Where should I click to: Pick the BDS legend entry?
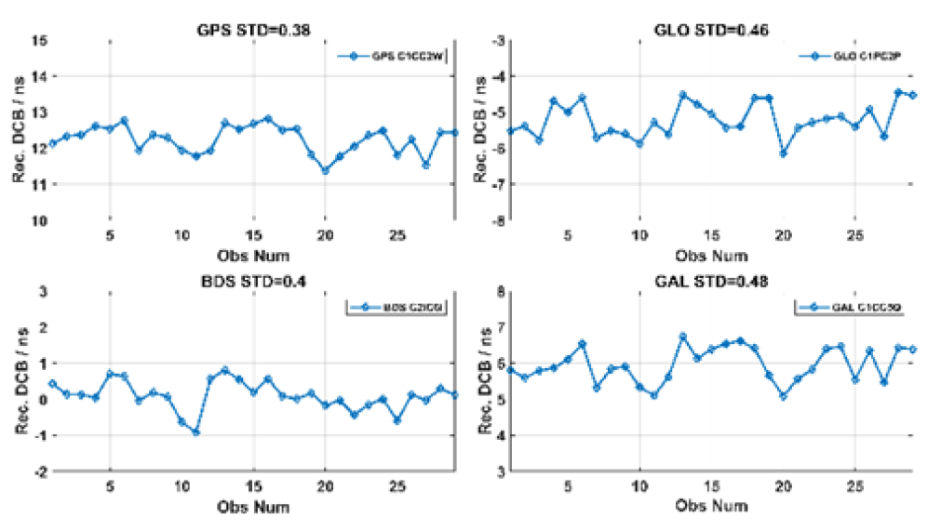pyautogui.click(x=397, y=308)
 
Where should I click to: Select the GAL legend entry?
pyautogui.click(x=848, y=308)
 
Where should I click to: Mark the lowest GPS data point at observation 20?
pyautogui.click(x=325, y=170)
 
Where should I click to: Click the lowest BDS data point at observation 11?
pyautogui.click(x=195, y=432)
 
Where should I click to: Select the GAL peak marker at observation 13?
pyautogui.click(x=682, y=337)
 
